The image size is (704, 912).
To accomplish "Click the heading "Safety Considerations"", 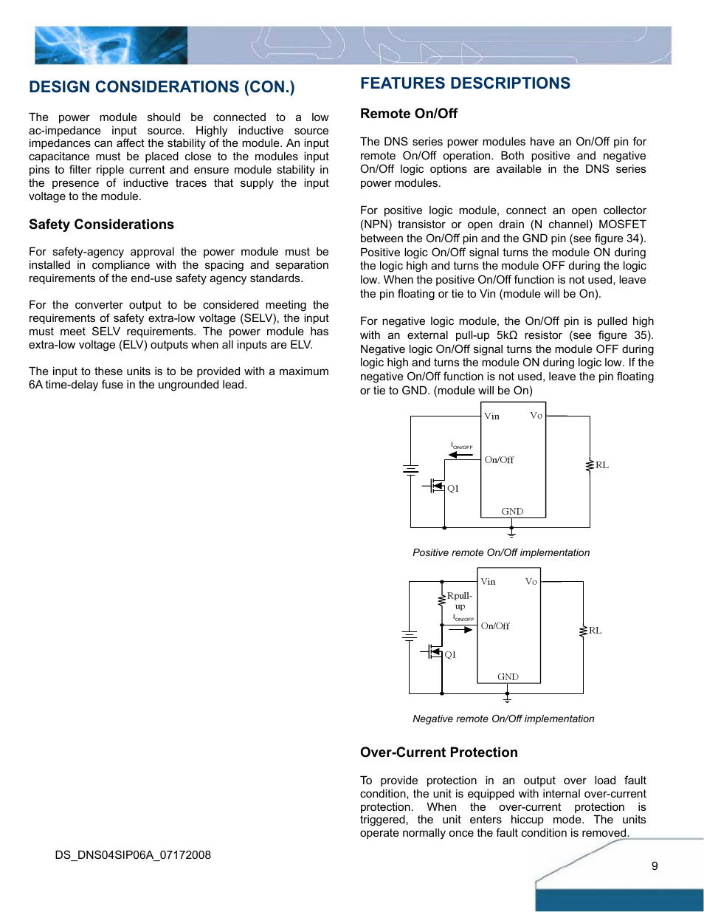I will point(101,224).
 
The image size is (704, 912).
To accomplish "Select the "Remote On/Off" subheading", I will point(408,114).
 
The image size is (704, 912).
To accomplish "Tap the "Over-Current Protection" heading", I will point(438,752).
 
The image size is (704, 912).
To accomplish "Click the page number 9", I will point(655,866).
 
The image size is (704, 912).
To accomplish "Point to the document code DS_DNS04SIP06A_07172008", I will point(133,855).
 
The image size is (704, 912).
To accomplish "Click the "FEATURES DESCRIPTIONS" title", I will point(465,83).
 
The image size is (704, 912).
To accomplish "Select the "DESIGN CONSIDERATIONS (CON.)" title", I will point(162,87).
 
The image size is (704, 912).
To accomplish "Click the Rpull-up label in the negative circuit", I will point(459,600).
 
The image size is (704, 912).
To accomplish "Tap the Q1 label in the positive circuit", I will point(453,489).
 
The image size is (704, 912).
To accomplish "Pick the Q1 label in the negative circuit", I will point(450,655).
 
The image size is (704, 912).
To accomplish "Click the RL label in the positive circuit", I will point(602,465).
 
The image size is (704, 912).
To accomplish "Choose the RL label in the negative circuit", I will point(596,631).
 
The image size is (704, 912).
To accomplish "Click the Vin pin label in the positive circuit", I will point(491,416).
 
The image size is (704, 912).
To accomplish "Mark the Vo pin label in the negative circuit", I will point(531,582).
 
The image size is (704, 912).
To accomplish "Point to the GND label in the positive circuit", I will point(512,512).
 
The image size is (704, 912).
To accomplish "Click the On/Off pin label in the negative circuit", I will point(495,626).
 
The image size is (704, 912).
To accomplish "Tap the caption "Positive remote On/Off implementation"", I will point(501,553).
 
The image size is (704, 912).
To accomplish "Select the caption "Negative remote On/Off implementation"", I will point(503,719).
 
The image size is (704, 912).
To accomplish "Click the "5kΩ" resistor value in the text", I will point(507,335).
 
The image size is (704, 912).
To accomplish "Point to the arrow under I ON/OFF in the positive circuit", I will point(461,455).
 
